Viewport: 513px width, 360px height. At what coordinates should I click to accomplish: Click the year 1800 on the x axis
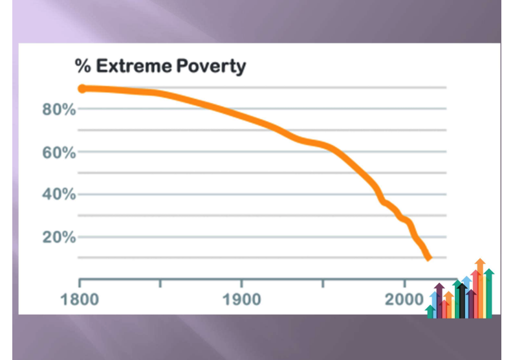80,300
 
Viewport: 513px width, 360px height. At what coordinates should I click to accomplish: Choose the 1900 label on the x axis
241,300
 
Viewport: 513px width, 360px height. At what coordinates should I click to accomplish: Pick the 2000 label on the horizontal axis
403,300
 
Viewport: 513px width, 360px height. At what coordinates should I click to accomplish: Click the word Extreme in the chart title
127,66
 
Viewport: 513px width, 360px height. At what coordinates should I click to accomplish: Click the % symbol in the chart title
82,66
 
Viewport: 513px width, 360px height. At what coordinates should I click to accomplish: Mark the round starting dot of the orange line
82,89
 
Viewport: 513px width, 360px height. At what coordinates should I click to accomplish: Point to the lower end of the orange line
428,258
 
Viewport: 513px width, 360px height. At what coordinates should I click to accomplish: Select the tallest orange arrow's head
479,263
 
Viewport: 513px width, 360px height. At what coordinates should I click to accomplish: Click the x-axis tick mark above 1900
241,283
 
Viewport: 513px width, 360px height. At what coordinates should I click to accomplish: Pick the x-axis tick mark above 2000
404,283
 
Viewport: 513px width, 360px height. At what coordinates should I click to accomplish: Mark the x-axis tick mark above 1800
80,283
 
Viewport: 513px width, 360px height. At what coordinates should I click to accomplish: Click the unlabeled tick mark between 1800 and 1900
160,283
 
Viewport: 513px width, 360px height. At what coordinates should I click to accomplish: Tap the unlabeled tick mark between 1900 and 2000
323,283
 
